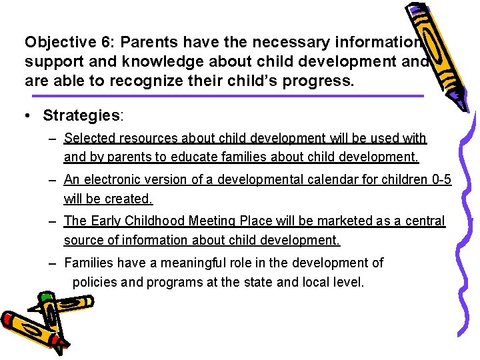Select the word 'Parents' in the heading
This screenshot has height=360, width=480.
(x=145, y=42)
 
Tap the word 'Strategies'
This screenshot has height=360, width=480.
(x=81, y=115)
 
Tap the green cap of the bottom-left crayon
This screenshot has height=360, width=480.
(x=45, y=297)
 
